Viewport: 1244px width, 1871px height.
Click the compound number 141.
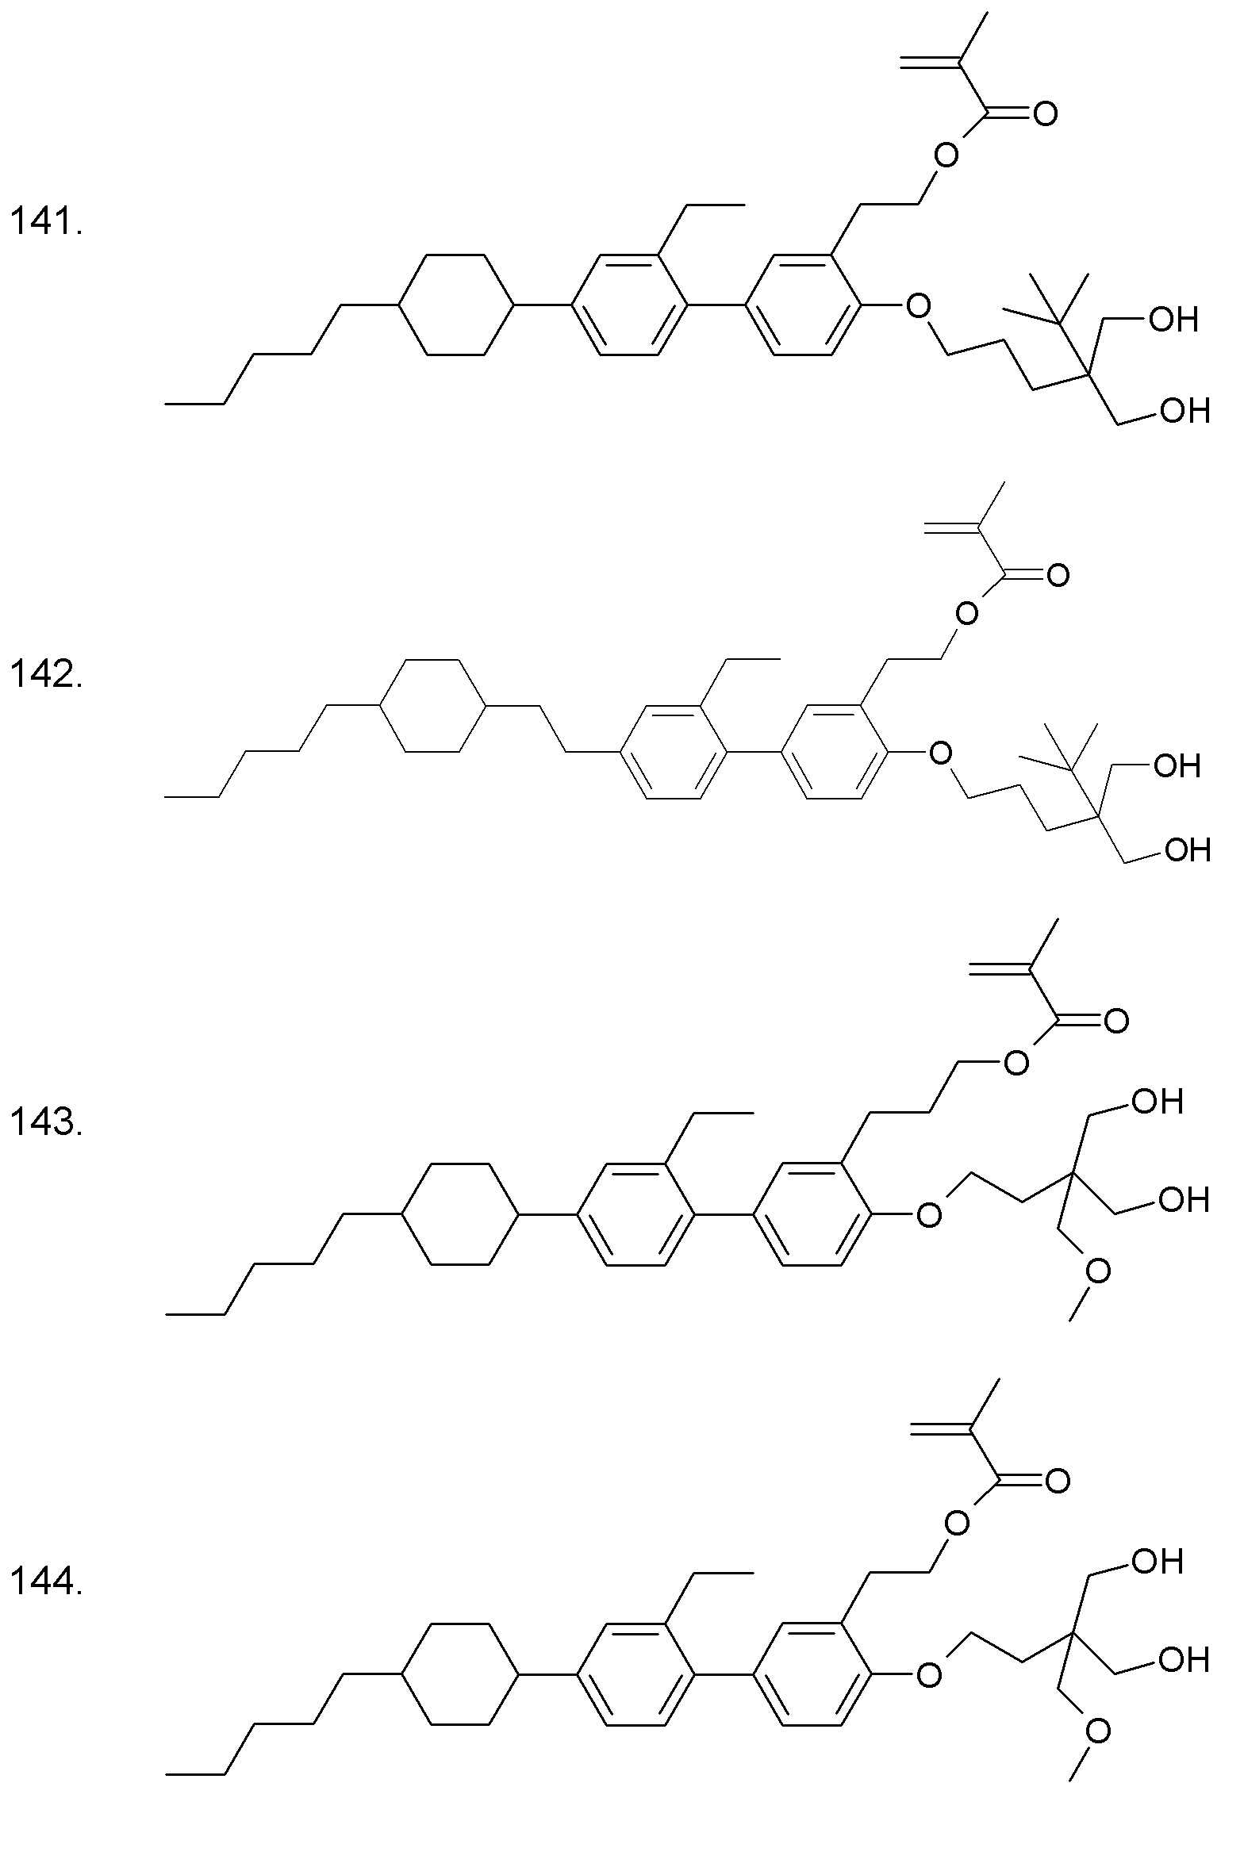pos(46,221)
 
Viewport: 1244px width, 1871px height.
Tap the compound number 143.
pos(46,1122)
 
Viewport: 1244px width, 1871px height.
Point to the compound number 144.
pos(46,1582)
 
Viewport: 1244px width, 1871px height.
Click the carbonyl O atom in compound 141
pos(1045,114)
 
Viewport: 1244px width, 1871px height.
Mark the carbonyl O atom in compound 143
pos(1115,1022)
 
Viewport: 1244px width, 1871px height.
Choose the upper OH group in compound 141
pos(1174,320)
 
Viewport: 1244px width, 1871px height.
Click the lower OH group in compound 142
pos(1187,849)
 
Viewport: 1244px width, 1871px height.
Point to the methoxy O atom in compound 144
pos(1098,1731)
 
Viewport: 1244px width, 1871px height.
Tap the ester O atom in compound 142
pos(966,613)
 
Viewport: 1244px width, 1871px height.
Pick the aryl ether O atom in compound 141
pos(918,305)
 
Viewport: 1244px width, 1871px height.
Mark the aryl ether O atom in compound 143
pos(927,1214)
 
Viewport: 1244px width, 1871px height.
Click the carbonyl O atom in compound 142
pos(1058,575)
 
